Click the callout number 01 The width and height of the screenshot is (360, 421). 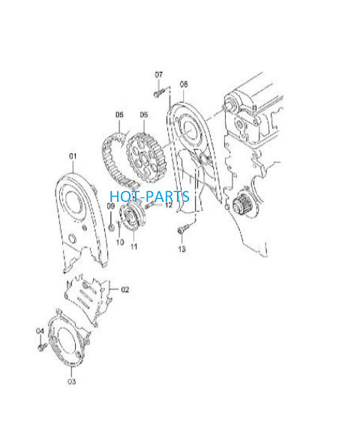(x=73, y=156)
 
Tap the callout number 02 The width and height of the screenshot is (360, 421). (x=125, y=290)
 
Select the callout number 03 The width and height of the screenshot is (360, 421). (x=71, y=381)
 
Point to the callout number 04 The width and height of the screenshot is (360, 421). (x=40, y=331)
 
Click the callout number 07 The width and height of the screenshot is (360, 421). (x=159, y=74)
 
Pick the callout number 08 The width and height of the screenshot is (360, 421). (x=184, y=84)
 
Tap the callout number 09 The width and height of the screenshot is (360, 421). (x=111, y=206)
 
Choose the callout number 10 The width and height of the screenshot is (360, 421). (x=120, y=242)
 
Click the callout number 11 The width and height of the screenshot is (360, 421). (x=133, y=246)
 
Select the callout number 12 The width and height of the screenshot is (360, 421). (x=169, y=205)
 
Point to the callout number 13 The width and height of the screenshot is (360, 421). (x=182, y=249)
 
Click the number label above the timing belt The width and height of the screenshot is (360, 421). (x=119, y=115)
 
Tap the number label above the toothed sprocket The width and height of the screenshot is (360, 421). (x=144, y=115)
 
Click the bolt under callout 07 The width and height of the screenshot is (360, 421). (x=159, y=93)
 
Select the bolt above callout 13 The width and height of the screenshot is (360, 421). (x=184, y=229)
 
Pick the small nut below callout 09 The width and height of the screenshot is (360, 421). (x=111, y=227)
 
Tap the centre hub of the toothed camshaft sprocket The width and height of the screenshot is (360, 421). (x=143, y=158)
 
